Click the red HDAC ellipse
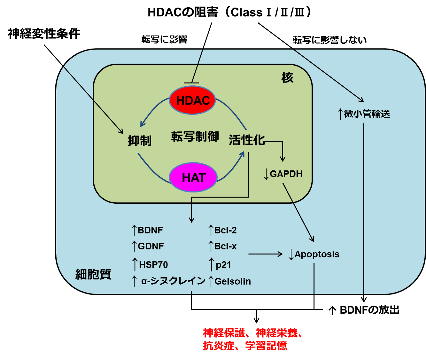192,100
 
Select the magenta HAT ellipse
193,177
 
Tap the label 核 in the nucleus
287,78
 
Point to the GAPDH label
286,174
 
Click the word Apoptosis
317,254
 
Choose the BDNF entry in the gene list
150,230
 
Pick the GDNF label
151,246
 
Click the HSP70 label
153,265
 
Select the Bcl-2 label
225,230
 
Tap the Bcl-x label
225,246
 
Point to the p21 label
223,265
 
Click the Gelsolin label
232,281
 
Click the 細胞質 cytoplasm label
93,274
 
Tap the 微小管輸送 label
367,114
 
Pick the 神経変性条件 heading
44,34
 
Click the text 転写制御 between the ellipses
195,137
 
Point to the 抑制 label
139,140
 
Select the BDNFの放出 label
369,310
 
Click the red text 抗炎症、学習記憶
245,346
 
